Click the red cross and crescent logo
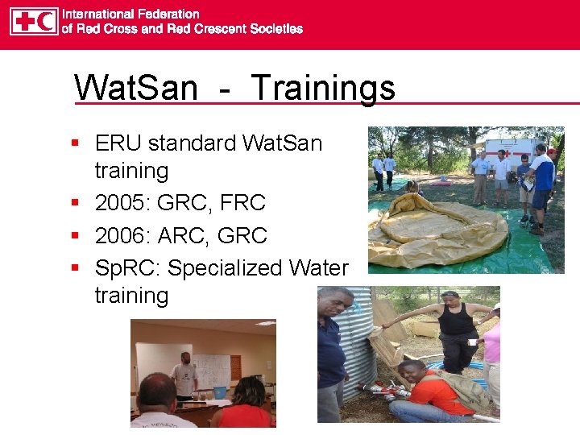[34, 21]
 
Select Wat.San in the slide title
[135, 87]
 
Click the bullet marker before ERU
[75, 143]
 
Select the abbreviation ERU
[118, 143]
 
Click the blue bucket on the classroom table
[219, 391]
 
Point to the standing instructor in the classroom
[184, 375]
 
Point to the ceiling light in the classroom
[265, 323]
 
